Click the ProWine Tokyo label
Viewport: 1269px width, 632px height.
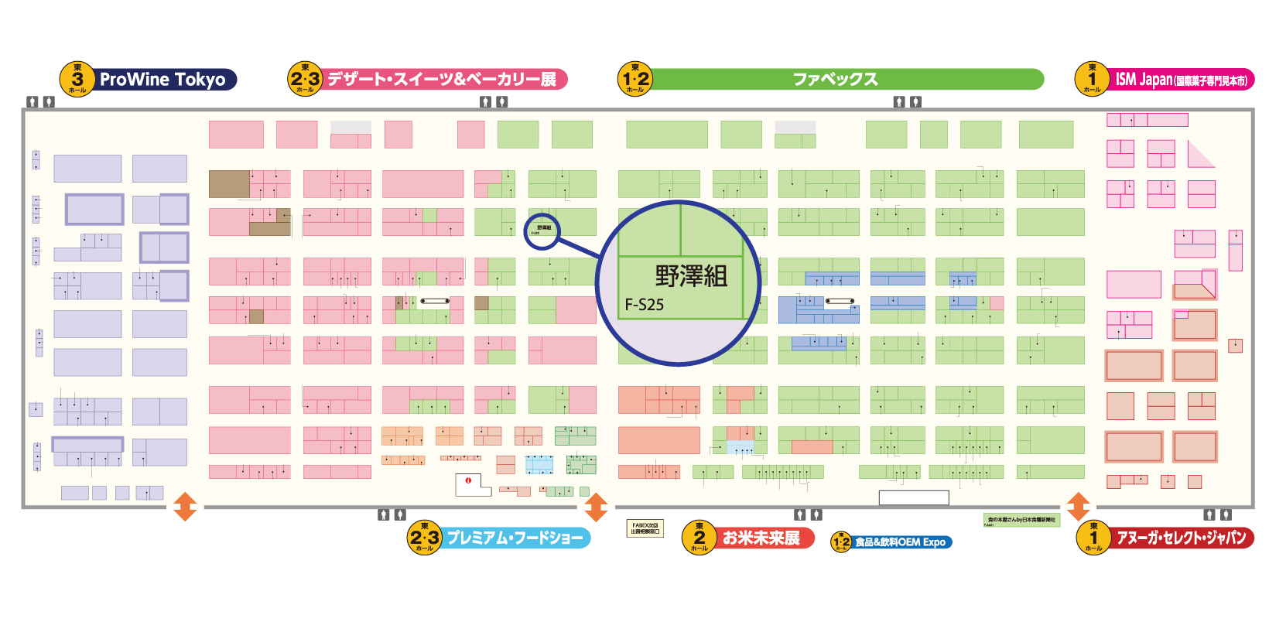[x=162, y=80]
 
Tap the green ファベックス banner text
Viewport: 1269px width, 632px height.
[x=836, y=79]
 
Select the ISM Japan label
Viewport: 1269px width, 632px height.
[x=1181, y=80]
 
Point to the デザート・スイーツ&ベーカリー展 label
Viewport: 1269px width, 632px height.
[x=442, y=79]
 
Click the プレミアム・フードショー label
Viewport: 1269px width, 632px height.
[x=515, y=538]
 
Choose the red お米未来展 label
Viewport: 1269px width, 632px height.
[x=761, y=538]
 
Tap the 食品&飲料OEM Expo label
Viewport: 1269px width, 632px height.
[x=901, y=542]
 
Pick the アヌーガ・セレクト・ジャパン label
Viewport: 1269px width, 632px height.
[x=1181, y=538]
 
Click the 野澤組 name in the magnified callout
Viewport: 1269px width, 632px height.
[x=691, y=276]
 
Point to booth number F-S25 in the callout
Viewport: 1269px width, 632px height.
[x=645, y=305]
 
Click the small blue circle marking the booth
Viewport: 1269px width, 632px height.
[x=542, y=231]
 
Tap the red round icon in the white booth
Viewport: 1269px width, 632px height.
[x=468, y=480]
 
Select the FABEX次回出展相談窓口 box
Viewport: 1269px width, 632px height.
[x=645, y=528]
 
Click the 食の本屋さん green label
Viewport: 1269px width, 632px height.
[x=1021, y=520]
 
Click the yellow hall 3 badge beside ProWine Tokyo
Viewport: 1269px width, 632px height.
[x=77, y=79]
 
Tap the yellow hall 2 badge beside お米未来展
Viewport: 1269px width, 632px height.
[x=699, y=538]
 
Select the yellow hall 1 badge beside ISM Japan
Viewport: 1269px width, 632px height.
[x=1092, y=79]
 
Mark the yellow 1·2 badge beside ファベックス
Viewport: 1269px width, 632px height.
[x=635, y=79]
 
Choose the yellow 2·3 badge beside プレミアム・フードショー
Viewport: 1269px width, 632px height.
[x=424, y=538]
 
